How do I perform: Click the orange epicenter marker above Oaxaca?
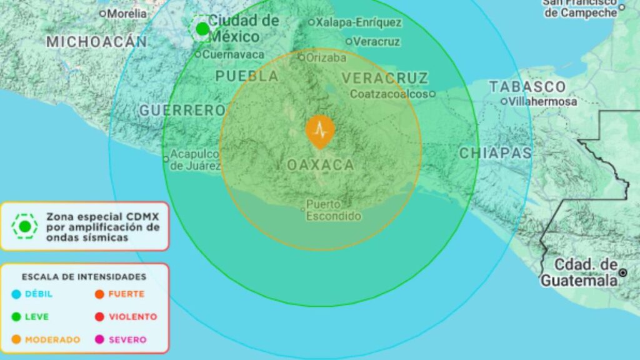tap(320, 131)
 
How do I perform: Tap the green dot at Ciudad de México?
tap(202, 29)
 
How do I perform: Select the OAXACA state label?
tap(320, 165)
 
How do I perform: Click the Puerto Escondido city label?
tap(333, 211)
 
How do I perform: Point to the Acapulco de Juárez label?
tap(195, 159)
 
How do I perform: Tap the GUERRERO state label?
tap(182, 111)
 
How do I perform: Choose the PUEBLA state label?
tap(247, 76)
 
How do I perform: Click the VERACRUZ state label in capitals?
tap(385, 78)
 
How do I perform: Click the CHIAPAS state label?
tap(496, 153)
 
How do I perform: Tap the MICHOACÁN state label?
tap(97, 42)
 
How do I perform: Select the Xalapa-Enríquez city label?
tap(358, 22)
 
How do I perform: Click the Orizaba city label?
tap(325, 57)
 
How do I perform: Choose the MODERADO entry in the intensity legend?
tap(52, 340)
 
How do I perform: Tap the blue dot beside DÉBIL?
tap(16, 294)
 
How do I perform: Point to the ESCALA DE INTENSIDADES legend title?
tap(84, 276)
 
